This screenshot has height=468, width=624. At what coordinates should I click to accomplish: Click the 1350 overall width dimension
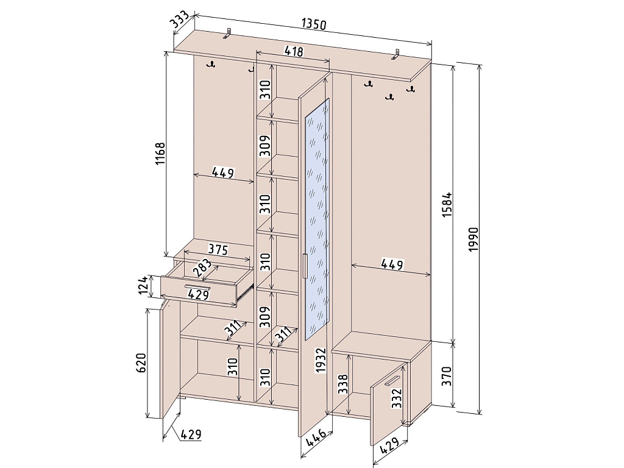(314, 24)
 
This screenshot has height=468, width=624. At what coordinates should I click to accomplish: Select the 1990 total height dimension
(472, 239)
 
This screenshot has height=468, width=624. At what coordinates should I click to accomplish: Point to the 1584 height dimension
(447, 205)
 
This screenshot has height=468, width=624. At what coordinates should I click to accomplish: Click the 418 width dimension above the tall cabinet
(293, 51)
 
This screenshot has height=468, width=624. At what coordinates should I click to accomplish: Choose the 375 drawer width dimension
(218, 249)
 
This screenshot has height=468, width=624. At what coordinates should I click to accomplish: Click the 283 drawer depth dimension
(202, 268)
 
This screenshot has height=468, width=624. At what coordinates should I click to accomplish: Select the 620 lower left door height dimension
(141, 363)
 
